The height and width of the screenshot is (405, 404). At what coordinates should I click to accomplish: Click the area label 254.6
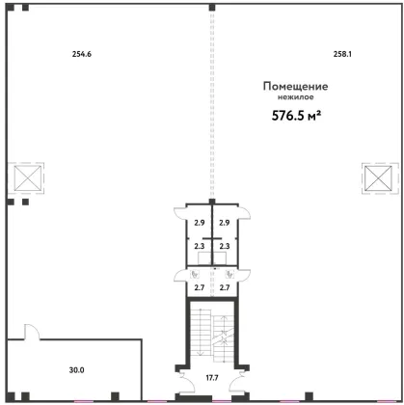[82, 54]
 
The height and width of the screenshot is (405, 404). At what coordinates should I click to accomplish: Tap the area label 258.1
[342, 54]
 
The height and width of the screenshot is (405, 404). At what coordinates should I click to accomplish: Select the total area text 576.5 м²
[297, 116]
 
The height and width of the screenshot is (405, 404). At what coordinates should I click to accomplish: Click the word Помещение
[295, 87]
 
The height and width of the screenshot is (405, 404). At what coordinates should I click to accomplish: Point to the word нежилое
[296, 97]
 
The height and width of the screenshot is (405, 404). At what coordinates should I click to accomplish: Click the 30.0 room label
[76, 370]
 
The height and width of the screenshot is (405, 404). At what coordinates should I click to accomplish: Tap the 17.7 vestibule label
[212, 378]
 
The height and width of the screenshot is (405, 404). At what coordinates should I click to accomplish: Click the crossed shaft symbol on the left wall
[28, 178]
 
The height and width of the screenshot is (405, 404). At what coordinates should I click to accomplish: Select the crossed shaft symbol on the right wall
[378, 178]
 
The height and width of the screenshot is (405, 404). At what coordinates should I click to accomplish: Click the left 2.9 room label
[200, 223]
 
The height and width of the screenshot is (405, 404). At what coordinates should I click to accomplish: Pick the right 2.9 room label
[225, 223]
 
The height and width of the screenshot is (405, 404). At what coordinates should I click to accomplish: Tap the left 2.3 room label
[200, 246]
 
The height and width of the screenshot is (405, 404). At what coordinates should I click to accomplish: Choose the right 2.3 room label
[225, 246]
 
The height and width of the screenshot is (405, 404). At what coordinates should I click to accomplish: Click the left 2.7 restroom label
[200, 287]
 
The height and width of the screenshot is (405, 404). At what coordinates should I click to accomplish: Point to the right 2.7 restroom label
[225, 287]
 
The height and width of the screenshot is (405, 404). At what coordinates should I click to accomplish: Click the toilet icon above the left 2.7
[195, 274]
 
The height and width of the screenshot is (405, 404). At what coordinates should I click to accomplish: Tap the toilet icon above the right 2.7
[229, 274]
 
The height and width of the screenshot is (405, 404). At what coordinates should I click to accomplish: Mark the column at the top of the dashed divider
[212, 8]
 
